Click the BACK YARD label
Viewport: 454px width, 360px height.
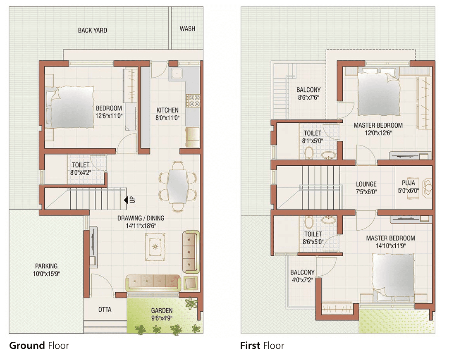(92, 31)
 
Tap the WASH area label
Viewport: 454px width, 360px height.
(187, 29)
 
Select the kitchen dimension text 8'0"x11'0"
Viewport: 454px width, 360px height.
(167, 118)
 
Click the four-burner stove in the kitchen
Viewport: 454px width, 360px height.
(193, 100)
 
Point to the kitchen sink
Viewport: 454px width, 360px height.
(176, 73)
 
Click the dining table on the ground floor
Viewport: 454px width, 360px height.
(178, 186)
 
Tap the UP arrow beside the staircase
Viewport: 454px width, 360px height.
(126, 200)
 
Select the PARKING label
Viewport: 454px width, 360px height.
(46, 266)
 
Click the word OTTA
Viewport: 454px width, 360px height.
(105, 310)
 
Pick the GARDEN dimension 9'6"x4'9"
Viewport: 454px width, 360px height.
(162, 318)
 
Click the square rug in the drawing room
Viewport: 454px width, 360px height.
(155, 247)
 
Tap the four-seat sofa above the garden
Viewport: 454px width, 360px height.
(153, 283)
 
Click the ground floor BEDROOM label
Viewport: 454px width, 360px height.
(109, 108)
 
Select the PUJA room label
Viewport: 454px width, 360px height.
(408, 183)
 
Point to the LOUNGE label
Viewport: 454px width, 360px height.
(366, 184)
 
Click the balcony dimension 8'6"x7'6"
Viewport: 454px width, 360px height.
(308, 98)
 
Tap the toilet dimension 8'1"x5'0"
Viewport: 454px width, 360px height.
(313, 141)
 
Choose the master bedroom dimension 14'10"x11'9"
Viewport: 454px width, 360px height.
(391, 246)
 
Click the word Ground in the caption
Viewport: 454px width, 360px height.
(27, 346)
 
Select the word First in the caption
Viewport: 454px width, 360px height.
(250, 346)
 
